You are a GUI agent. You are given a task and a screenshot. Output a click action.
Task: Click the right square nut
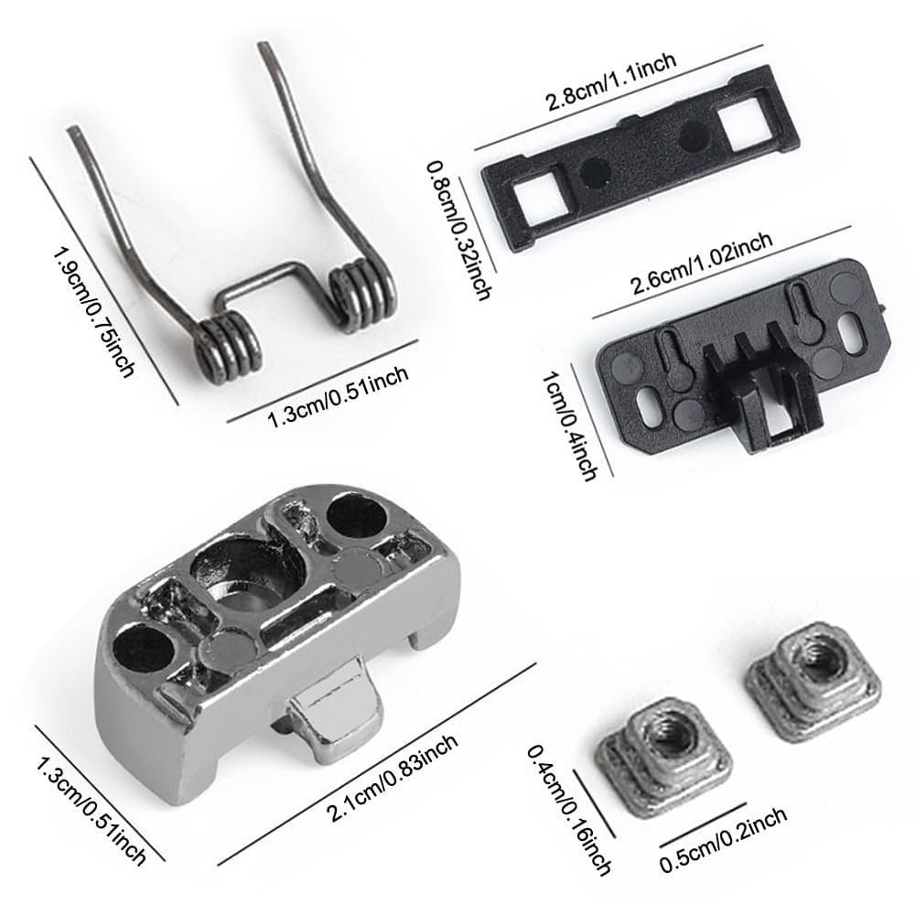click(x=805, y=681)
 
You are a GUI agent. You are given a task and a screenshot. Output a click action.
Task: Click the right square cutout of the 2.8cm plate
click(x=739, y=118)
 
